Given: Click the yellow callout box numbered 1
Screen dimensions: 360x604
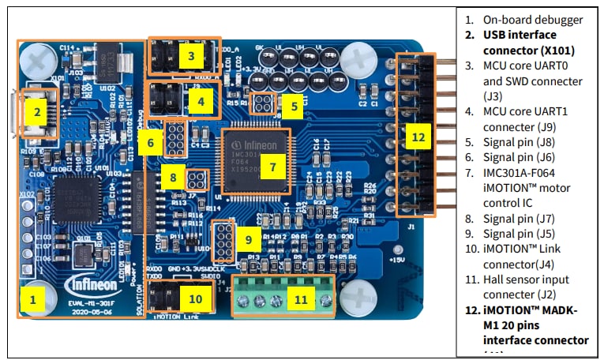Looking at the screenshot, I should tap(32, 299).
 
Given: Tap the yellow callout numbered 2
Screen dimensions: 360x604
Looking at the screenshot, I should tap(36, 111).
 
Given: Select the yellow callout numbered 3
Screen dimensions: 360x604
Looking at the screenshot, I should tap(191, 55).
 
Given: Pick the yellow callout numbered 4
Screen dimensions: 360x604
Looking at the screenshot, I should tap(201, 101).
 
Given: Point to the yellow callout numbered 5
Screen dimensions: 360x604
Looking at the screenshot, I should tap(293, 105).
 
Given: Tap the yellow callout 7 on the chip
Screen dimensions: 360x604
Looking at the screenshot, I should tap(272, 167).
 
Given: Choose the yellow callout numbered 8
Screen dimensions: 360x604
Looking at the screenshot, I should tap(172, 178).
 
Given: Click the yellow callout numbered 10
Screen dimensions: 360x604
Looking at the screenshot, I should tap(195, 298).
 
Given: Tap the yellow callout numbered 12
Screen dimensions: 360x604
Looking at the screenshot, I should tap(418, 137).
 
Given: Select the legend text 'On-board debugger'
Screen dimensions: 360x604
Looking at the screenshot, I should tap(533, 20).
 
